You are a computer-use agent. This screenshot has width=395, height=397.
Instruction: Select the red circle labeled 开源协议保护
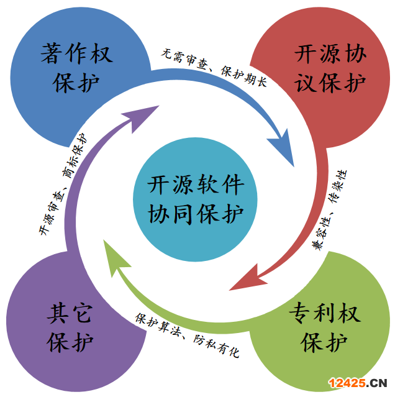point(323,68)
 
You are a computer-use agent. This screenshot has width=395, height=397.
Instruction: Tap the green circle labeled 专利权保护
point(323,326)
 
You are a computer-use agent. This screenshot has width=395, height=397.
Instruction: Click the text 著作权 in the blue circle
point(76,53)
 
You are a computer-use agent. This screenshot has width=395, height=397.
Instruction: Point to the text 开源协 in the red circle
point(330,53)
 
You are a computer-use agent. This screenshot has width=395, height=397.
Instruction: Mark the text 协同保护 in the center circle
point(196,212)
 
